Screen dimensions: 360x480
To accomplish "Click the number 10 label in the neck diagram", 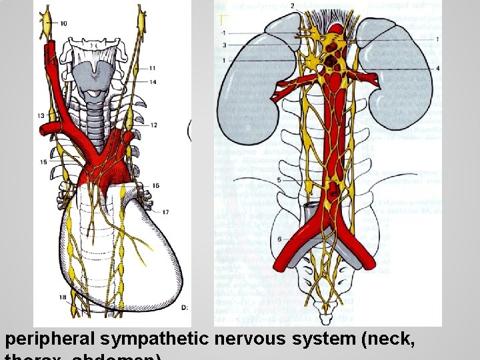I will pyautogui.click(x=63, y=24).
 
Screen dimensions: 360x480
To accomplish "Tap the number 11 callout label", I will pyautogui.click(x=153, y=67).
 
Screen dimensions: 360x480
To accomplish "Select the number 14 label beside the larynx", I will pyautogui.click(x=153, y=82).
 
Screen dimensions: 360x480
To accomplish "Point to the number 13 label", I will pyautogui.click(x=40, y=116).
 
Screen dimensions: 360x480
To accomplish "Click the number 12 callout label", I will pyautogui.click(x=153, y=125).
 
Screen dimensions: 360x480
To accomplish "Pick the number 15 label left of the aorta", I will pyautogui.click(x=43, y=162).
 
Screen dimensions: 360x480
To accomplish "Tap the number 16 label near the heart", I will pyautogui.click(x=155, y=185).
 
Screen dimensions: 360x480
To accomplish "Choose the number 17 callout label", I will pyautogui.click(x=165, y=212).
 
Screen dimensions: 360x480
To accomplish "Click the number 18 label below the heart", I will pyautogui.click(x=62, y=297).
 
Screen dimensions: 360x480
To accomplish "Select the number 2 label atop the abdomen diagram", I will pyautogui.click(x=292, y=5).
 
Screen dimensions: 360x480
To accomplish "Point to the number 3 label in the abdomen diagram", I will pyautogui.click(x=224, y=45).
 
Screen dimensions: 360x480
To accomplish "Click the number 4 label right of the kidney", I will pyautogui.click(x=437, y=68).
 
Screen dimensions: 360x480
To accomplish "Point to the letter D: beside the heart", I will pyautogui.click(x=185, y=307).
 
